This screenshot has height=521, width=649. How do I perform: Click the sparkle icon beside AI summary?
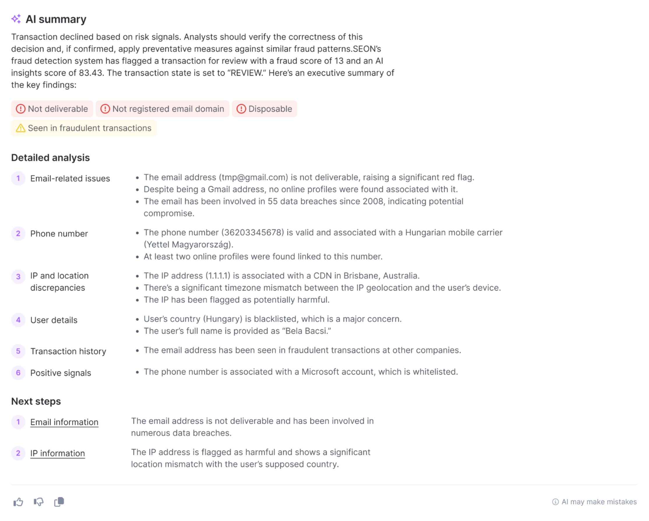pos(16,19)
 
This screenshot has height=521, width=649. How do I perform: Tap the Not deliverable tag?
pos(52,109)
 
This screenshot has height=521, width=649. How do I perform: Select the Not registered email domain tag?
pos(162,109)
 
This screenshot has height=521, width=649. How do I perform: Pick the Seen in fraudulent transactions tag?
pos(84,128)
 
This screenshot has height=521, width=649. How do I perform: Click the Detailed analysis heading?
pos(50,158)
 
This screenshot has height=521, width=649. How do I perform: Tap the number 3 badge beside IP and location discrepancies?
pos(18,277)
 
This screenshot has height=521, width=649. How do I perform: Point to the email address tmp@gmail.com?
pos(253,177)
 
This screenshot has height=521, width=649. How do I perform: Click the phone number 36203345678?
pos(253,233)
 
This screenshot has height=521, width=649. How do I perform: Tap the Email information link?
pos(64,422)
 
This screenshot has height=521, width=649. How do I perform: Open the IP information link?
pos(57,453)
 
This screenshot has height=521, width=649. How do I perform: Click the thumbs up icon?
pos(18,502)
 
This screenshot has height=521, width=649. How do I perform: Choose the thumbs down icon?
pos(38,502)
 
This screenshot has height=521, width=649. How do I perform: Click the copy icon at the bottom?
pos(59,502)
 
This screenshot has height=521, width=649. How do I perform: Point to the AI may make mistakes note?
pos(595,502)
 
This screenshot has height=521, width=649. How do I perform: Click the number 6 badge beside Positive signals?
pos(18,373)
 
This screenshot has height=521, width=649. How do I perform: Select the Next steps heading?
pos(36,401)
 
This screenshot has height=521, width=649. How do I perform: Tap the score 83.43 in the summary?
pos(91,73)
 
